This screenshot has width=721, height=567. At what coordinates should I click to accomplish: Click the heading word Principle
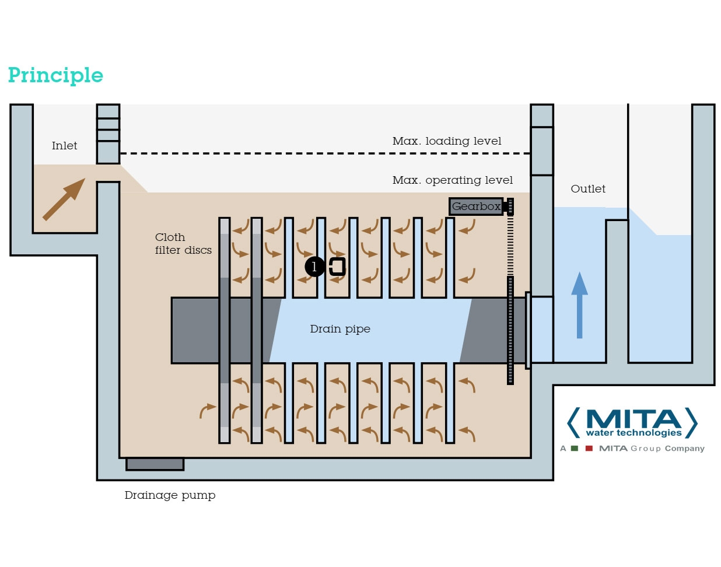(x=55, y=75)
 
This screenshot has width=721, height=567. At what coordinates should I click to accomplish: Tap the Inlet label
(x=64, y=146)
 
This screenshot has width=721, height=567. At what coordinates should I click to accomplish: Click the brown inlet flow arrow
(x=64, y=199)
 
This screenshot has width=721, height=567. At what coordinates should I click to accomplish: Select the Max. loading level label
(x=446, y=141)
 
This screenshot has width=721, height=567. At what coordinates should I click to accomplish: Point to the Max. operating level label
(x=452, y=180)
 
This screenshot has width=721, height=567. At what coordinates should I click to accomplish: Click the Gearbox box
(x=476, y=206)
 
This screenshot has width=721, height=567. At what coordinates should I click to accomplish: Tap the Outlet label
(x=587, y=189)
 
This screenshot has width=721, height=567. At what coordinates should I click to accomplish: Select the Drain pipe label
(x=340, y=329)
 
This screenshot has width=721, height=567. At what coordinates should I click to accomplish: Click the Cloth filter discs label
(x=183, y=244)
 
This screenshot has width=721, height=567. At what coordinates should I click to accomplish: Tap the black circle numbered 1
(x=315, y=267)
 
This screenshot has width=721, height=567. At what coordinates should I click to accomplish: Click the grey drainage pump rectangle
(x=155, y=464)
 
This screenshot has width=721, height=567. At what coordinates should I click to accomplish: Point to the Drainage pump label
(x=170, y=495)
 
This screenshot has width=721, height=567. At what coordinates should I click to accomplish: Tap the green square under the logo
(x=575, y=449)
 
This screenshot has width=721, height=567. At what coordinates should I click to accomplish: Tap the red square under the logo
(x=589, y=449)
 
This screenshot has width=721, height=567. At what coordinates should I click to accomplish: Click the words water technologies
(x=633, y=433)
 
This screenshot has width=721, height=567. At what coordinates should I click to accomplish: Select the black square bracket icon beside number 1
(x=338, y=267)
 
